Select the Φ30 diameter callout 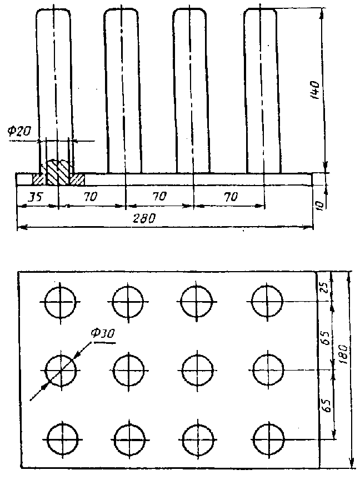[x=104, y=333]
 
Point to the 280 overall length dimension [x=144, y=218]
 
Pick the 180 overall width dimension [x=344, y=354]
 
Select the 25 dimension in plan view [x=326, y=287]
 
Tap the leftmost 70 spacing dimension [x=91, y=197]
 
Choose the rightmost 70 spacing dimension [x=231, y=197]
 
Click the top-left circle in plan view [x=60, y=302]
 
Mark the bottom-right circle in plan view [x=268, y=439]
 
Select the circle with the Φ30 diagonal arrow [x=61, y=371]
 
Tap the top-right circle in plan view [x=267, y=301]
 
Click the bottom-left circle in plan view [x=63, y=439]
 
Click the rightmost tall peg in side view [x=262, y=91]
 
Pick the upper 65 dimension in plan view [x=326, y=337]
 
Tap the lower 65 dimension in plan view [x=327, y=405]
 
